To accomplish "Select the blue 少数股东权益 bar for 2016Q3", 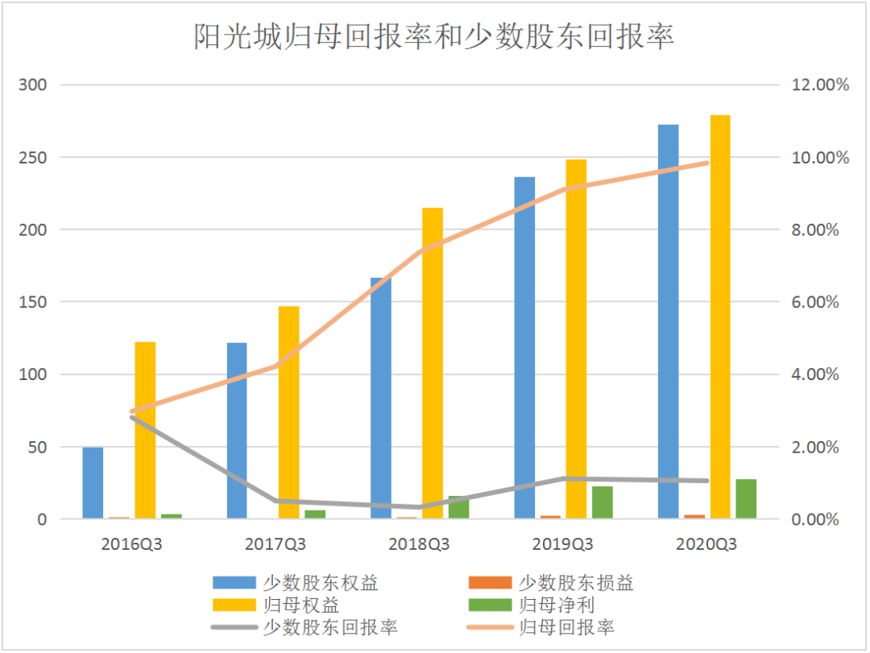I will click(x=93, y=483).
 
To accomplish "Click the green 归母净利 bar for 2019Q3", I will click(x=603, y=502).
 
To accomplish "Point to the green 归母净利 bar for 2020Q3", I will click(x=746, y=499).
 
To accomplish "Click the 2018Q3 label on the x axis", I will click(x=419, y=544).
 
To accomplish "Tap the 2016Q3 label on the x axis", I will click(x=131, y=544).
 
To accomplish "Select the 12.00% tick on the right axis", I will click(x=815, y=85).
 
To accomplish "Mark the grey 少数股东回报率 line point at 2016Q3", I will click(x=131, y=417).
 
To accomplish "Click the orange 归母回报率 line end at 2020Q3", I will click(x=707, y=163).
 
